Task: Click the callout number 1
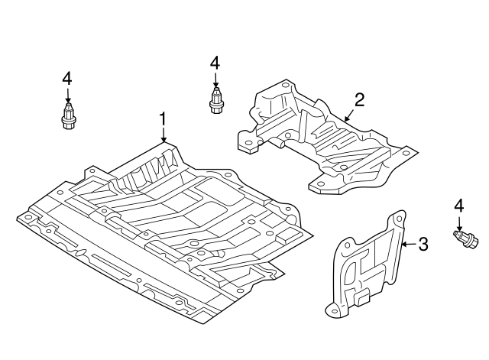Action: (163, 118)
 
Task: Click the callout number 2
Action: (359, 99)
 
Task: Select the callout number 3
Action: (423, 245)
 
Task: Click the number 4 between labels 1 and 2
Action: (215, 63)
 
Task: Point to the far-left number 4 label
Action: (67, 77)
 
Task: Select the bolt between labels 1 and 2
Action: (215, 102)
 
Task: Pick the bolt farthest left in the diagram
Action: (67, 117)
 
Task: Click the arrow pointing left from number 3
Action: (407, 245)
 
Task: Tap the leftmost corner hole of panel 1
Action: (28, 216)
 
